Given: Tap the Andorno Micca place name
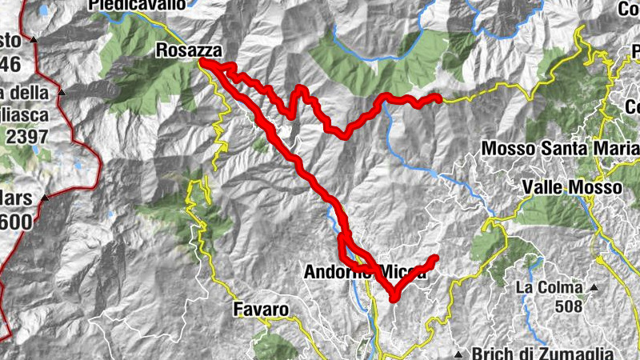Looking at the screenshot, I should (365, 272).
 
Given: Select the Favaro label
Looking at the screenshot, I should (261, 309).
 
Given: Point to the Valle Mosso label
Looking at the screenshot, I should (571, 187).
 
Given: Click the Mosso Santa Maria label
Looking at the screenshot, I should (561, 149).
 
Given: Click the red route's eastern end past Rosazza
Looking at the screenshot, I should (438, 98).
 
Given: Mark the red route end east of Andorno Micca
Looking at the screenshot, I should (436, 258).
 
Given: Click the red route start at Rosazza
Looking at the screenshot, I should (201, 62).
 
